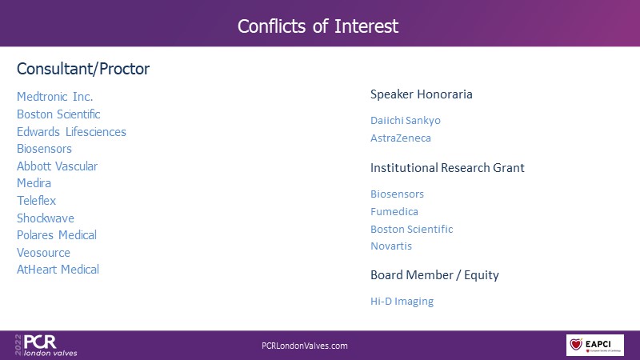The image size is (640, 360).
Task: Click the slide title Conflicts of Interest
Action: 318,26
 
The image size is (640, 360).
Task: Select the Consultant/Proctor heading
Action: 83,69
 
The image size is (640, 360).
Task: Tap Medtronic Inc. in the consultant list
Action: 54,97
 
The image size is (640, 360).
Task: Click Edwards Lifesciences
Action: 71,132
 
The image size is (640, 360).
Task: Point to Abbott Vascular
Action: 57,166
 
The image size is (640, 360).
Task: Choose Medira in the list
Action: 34,183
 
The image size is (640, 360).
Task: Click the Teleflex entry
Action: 36,201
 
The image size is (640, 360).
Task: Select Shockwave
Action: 46,218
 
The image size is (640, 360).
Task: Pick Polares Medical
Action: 57,235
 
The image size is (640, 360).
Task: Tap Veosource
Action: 43,253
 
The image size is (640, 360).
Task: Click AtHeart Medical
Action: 58,270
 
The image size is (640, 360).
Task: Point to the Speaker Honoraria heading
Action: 422,94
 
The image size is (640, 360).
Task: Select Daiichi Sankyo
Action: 406,121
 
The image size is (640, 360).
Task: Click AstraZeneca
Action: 401,138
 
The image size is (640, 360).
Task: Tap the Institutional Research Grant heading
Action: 447,168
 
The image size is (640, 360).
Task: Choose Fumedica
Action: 394,211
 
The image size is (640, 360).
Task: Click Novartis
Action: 391,246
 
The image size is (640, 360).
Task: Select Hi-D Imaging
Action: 402,302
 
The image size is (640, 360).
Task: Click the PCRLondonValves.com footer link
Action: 305,346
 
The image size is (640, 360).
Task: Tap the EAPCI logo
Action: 594,346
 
